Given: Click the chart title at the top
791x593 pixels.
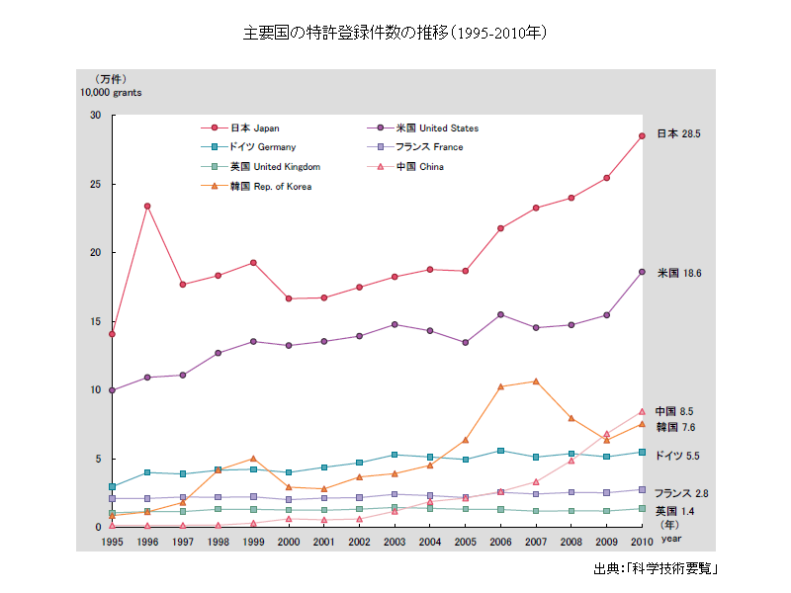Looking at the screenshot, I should point(395,33).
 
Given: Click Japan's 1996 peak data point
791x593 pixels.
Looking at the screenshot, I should point(147,206).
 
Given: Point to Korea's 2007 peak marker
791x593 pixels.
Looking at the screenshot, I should point(536,381).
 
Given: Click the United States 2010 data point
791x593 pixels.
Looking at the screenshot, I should point(642,272).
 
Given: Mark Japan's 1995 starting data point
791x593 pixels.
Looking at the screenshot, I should point(112,334).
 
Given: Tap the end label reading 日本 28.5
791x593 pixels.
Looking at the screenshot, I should point(678,133).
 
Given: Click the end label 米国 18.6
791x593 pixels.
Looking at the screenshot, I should point(678,273).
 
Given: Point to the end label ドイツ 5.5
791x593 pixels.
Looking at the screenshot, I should point(678,456).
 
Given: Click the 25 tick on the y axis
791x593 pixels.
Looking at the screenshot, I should point(96,184).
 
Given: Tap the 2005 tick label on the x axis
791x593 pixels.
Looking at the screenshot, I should point(466,542).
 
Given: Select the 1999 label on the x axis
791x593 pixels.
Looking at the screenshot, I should point(253,542).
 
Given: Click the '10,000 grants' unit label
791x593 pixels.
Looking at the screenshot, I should point(111,92).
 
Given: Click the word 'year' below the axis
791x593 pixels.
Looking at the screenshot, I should point(671,540).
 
